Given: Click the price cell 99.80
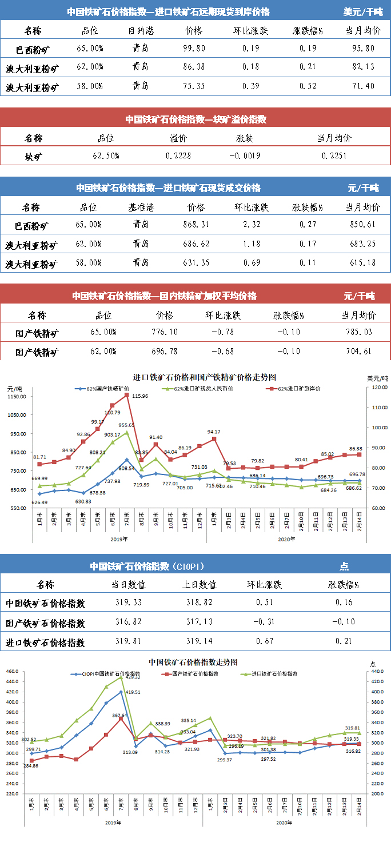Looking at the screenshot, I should tap(195, 49).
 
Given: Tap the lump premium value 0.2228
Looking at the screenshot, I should tap(179, 155).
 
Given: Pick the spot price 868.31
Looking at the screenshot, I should tap(195, 225).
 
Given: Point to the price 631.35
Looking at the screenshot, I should tap(195, 263).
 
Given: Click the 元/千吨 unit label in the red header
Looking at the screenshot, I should tap(359, 296).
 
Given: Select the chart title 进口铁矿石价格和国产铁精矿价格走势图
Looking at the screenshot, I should tap(205, 378).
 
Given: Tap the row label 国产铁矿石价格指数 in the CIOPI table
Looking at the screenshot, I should tap(45, 623).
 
